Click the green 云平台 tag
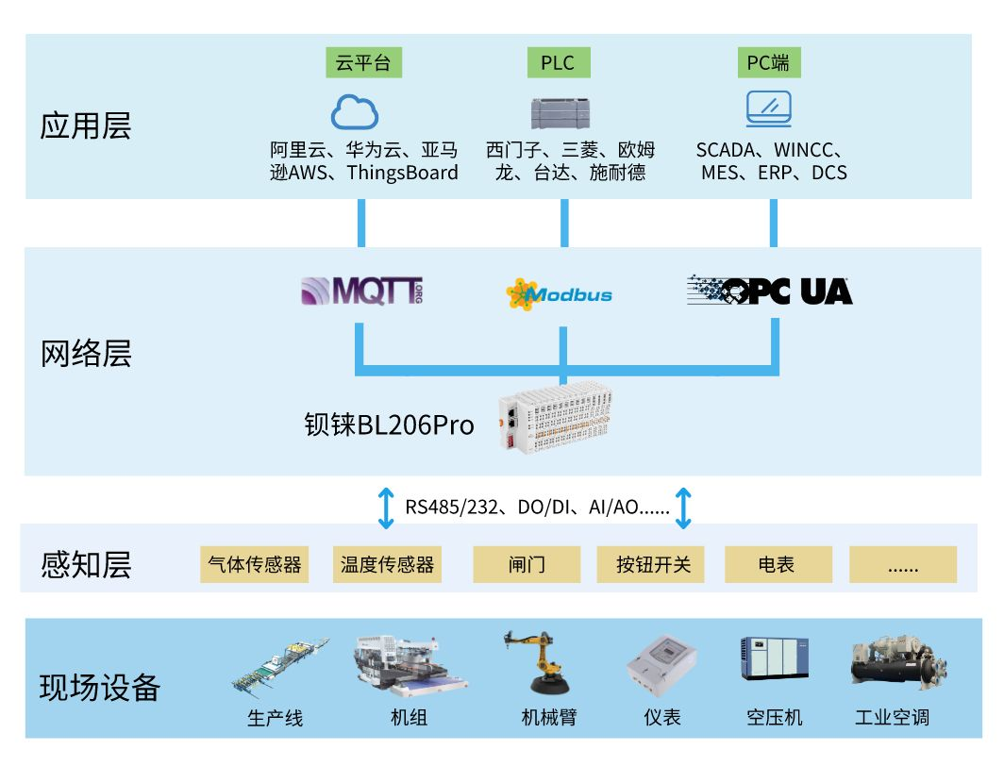362,63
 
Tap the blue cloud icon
355,112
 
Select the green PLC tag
558,63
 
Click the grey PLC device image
562,112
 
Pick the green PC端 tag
768,63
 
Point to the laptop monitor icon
769,109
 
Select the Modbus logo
559,293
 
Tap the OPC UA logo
769,291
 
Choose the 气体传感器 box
255,564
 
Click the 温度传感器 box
388,564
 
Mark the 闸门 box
527,564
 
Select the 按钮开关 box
651,564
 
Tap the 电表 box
777,564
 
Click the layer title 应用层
86,125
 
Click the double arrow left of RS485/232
386,508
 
